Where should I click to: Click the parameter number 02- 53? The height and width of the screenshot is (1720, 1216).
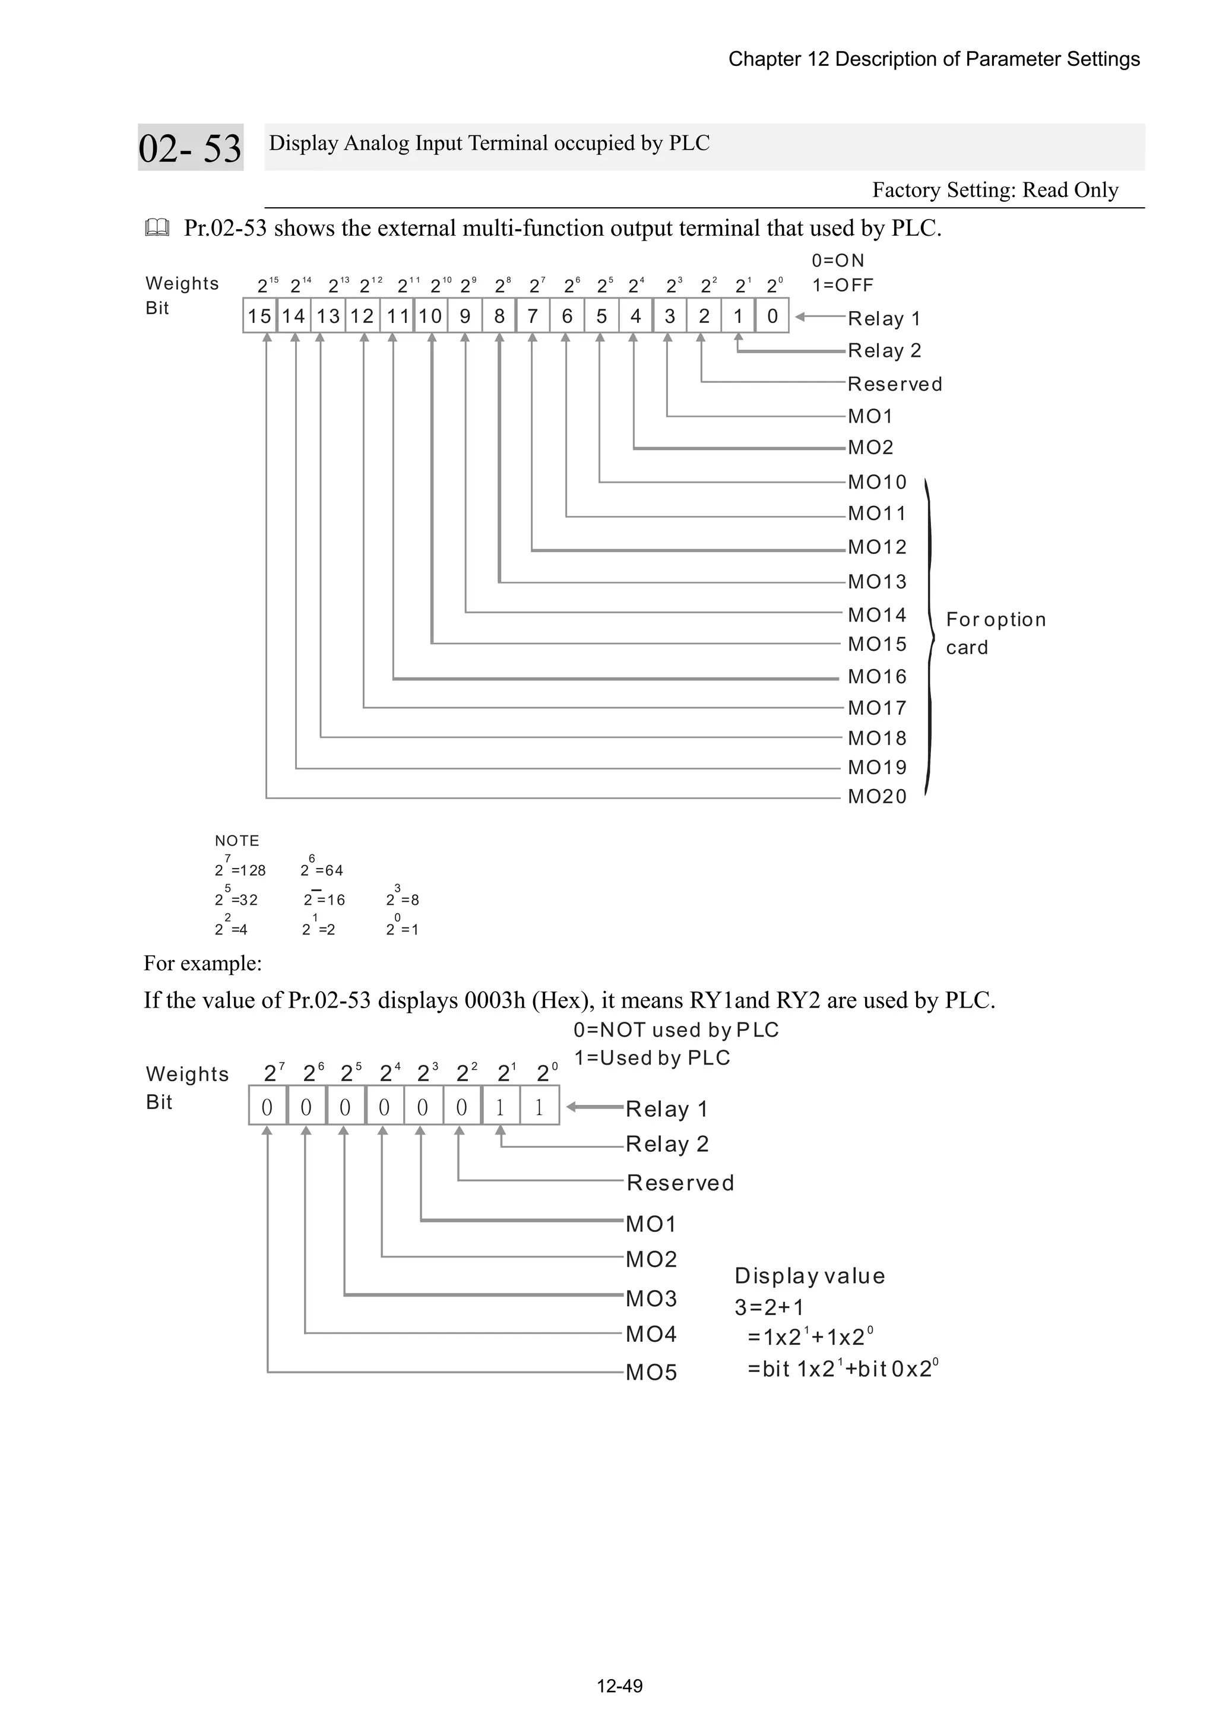point(191,148)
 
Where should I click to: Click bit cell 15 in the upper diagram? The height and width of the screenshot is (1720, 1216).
point(259,316)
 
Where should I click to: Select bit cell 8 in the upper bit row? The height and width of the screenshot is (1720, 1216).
point(499,316)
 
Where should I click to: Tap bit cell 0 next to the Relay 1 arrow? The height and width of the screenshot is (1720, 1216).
point(772,316)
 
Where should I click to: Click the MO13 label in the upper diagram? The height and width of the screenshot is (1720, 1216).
point(876,581)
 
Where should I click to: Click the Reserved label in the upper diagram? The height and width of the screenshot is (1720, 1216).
point(895,384)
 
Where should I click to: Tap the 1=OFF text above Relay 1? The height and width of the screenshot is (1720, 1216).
point(843,286)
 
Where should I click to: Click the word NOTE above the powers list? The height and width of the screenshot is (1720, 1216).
point(237,841)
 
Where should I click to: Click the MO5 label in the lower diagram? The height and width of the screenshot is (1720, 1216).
point(651,1373)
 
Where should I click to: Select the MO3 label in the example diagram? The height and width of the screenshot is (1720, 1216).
point(651,1298)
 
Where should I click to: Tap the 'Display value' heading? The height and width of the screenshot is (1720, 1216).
point(809,1276)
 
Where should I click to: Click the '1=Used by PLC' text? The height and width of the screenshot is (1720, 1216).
point(652,1058)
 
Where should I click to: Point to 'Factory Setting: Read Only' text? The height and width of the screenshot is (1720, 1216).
point(995,190)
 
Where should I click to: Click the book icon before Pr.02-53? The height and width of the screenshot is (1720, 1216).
point(157,228)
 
